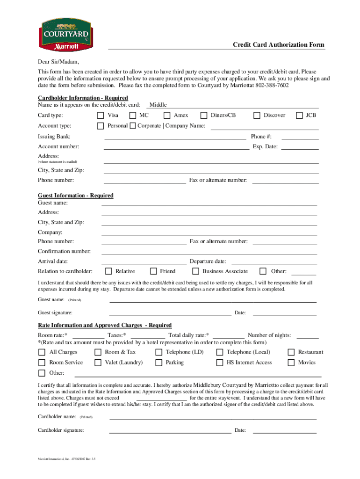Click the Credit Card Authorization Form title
279,45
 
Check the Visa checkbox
100,116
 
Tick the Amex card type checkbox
167,116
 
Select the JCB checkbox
300,116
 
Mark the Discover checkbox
257,116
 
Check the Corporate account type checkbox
133,126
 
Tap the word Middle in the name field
158,105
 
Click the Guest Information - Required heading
75,196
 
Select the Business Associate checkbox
196,271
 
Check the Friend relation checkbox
153,271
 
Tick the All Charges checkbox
42,352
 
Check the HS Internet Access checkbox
220,363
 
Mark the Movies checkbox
291,363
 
